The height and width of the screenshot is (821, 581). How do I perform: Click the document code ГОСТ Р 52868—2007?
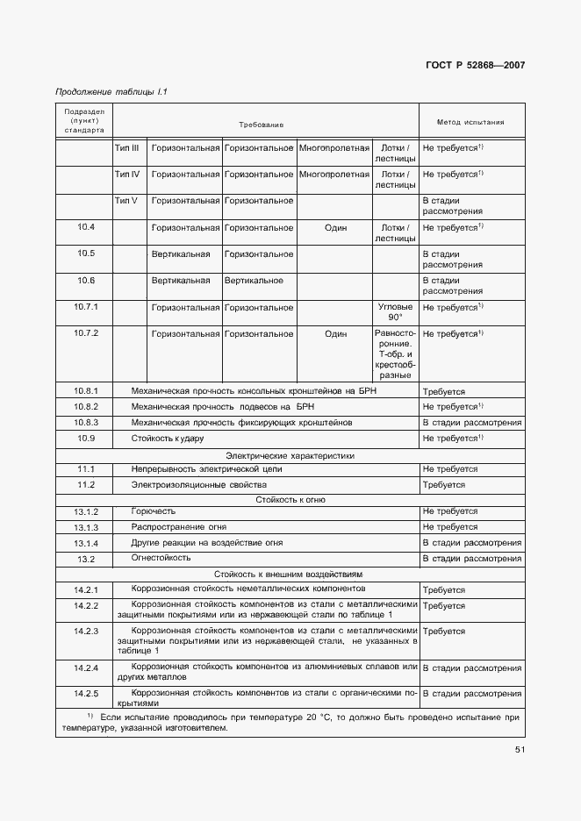coord(477,66)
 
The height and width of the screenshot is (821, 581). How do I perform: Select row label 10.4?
coord(85,227)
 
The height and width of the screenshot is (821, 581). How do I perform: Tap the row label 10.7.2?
coord(85,334)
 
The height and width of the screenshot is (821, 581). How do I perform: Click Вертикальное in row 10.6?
coord(254,281)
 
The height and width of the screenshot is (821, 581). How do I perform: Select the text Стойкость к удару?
coord(167,437)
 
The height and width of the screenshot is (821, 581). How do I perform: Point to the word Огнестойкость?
coord(161,557)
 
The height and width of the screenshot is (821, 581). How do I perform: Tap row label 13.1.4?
coord(85,543)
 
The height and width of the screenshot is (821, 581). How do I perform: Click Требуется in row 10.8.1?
coord(444,392)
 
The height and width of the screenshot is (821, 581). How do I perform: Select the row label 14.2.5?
coord(85,694)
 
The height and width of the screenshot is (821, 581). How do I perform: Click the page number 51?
coord(520,749)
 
